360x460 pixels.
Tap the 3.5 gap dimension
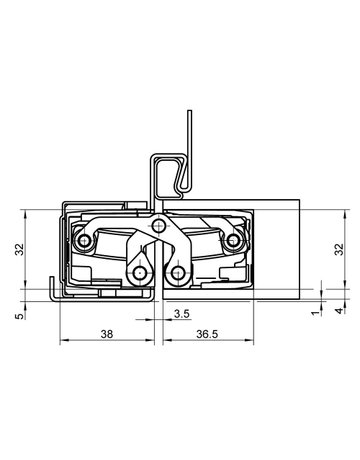[x=181, y=314]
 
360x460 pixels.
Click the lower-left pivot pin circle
[x=137, y=272]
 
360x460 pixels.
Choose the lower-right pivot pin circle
[x=178, y=272]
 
